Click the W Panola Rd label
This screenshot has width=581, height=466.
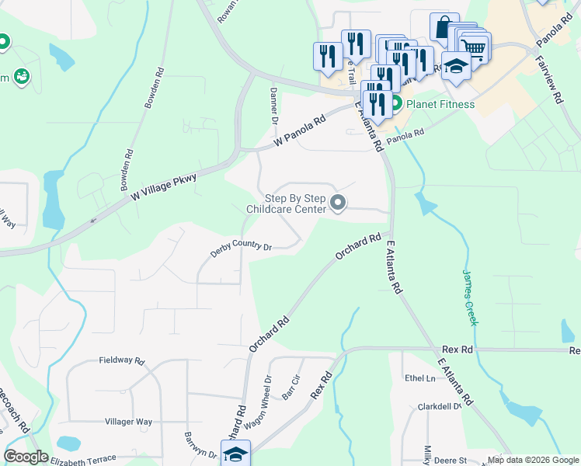300,134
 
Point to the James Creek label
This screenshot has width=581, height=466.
471,297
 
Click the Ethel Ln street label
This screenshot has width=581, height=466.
419,378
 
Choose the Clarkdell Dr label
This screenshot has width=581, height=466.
440,406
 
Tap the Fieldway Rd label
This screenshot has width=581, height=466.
122,361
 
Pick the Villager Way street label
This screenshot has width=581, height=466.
128,422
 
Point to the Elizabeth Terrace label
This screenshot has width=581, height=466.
83,459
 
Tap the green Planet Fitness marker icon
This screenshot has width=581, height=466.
395,103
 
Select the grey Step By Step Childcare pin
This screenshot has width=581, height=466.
338,203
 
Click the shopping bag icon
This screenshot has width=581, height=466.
443,28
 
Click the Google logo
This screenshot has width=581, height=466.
26,457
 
